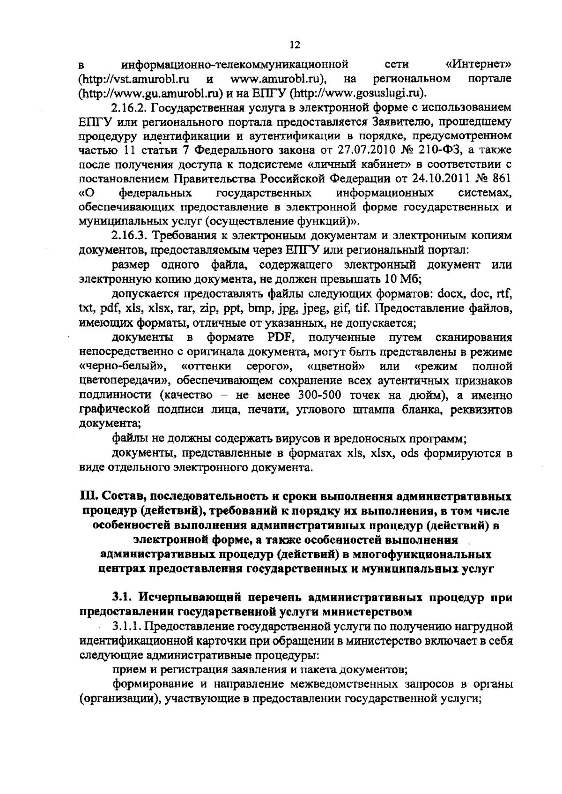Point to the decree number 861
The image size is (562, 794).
pos(502,179)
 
